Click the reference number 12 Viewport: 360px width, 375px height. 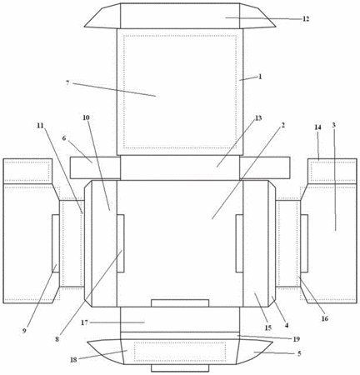306,19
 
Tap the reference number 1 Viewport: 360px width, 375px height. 260,77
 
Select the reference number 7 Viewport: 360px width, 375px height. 67,82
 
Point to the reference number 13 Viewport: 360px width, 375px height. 258,118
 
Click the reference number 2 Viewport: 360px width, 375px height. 282,125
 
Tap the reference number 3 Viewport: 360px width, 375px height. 333,125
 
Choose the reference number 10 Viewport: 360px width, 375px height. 86,117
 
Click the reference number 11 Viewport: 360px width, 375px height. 41,125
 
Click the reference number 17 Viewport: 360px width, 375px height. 84,322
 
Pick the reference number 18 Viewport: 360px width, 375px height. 73,360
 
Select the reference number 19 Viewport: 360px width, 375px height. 297,339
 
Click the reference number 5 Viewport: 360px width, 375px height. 299,353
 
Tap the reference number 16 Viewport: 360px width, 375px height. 325,318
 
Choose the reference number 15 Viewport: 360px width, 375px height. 267,327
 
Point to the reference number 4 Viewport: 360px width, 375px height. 287,325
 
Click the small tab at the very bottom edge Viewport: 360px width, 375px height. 180,368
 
